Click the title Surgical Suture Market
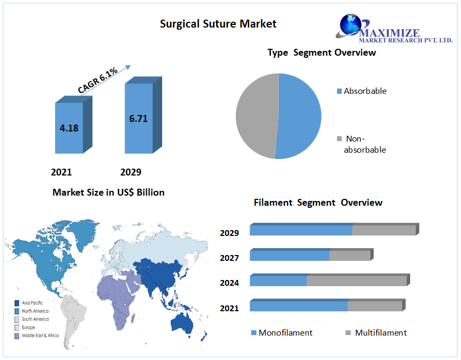point(218,23)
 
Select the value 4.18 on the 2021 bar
point(69,128)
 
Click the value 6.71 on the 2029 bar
point(138,118)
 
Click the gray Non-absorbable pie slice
point(254,115)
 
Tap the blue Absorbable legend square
point(340,92)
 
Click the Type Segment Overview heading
point(322,52)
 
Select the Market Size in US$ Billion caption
point(108,192)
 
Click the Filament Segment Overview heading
point(318,203)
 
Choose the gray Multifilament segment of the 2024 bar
point(356,281)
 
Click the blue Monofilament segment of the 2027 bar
point(289,256)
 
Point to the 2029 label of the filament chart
point(229,233)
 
